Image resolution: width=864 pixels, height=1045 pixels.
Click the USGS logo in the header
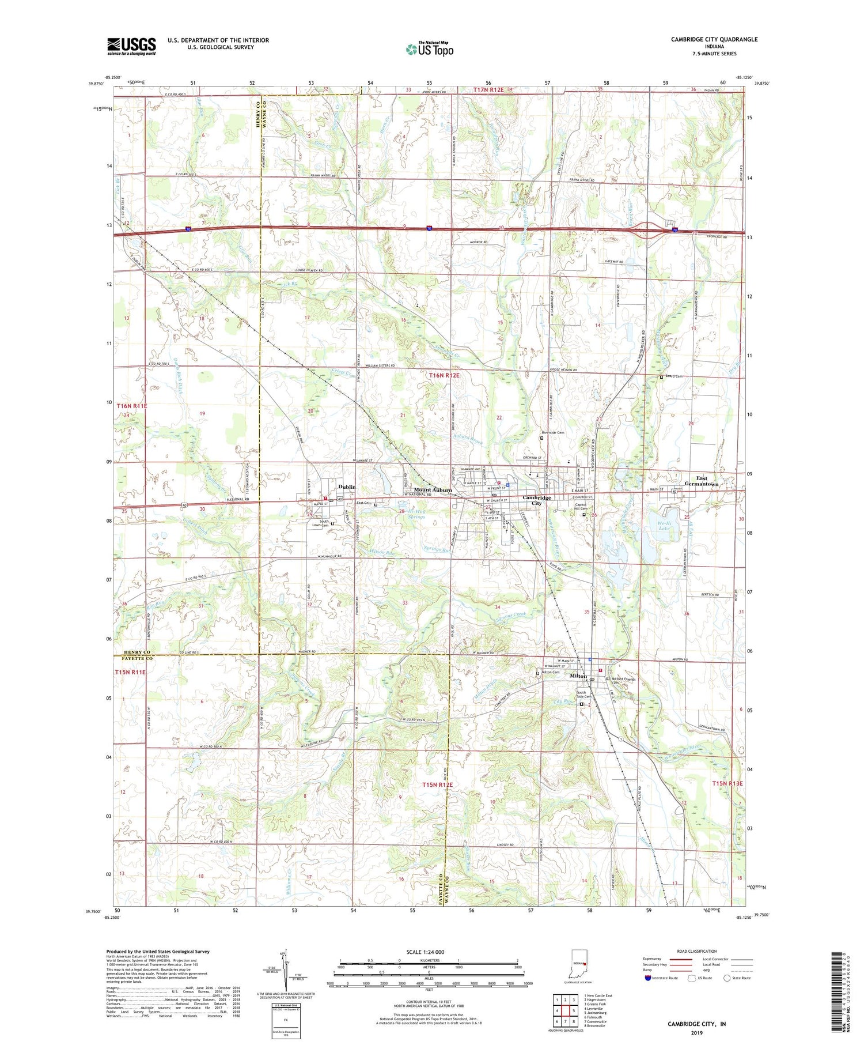[131, 46]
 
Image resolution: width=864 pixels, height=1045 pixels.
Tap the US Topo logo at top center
[429, 49]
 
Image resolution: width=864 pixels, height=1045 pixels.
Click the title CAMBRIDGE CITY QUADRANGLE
[714, 39]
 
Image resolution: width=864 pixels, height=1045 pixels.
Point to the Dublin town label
[347, 487]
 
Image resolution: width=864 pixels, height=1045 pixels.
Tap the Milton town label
[578, 676]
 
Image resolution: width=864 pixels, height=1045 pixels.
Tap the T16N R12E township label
[444, 375]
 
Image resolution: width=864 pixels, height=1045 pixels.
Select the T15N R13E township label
[727, 783]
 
